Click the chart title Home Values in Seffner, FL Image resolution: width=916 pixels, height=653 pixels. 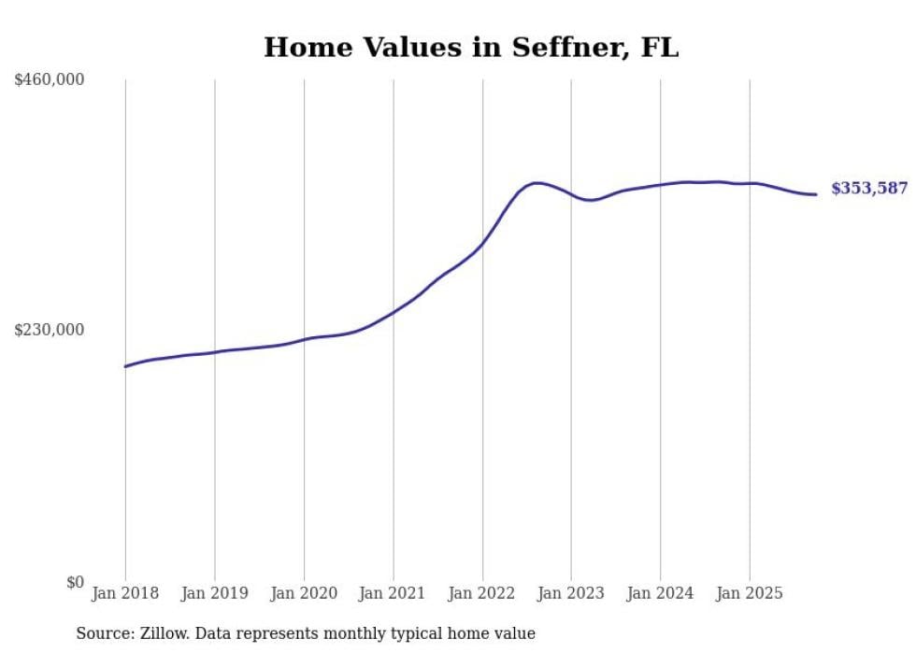471,47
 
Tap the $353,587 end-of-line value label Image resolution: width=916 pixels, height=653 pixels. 868,189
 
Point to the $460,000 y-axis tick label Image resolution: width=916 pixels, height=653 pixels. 50,80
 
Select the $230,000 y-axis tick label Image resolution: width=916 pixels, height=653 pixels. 50,330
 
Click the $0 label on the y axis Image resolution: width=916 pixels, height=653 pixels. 75,582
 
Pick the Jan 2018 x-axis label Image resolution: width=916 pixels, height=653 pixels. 125,593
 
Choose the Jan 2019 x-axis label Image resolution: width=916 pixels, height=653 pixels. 214,593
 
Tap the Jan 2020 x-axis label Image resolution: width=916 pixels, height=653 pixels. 304,593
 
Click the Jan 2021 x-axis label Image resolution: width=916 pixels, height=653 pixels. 393,593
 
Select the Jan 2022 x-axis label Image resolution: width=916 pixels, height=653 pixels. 482,593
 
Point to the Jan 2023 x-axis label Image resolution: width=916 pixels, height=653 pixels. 571,593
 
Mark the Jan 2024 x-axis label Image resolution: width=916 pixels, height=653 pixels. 660,593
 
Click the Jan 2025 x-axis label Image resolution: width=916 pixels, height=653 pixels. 750,593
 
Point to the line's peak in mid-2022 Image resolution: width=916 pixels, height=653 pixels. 535,183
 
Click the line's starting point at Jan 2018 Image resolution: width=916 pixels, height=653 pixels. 125,366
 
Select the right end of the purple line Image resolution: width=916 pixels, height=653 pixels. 816,194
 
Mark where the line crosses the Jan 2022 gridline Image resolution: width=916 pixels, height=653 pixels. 482,245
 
